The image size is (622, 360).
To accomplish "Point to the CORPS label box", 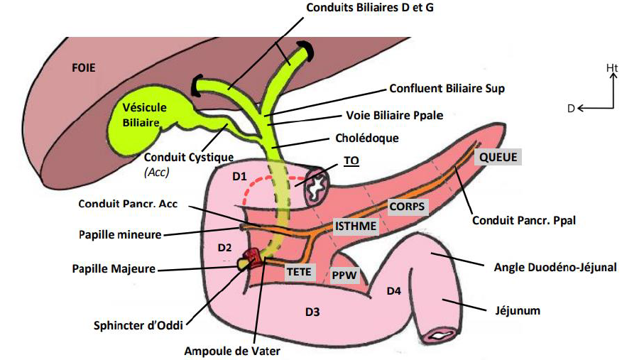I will click(x=407, y=207).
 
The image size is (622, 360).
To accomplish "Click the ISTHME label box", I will click(x=353, y=226).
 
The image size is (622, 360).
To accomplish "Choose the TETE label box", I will click(x=300, y=271).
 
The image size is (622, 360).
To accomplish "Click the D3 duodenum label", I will click(x=314, y=312).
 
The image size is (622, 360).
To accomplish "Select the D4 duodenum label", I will click(x=394, y=290).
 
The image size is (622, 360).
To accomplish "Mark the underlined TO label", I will click(x=351, y=160).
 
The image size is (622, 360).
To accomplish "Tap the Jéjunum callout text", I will click(x=519, y=310).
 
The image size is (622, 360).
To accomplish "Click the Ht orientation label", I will click(x=611, y=67).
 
